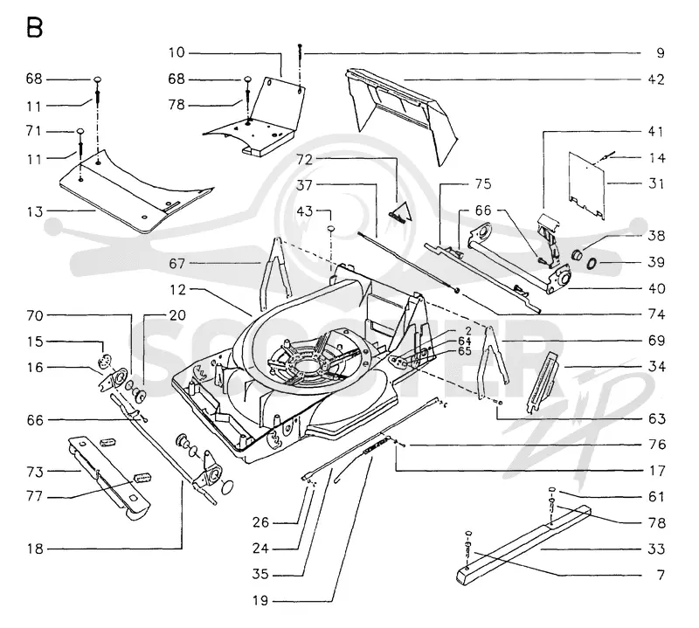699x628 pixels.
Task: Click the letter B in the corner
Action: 34,28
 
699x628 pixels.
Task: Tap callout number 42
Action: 656,79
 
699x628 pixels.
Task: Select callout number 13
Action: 34,211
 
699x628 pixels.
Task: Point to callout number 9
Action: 661,53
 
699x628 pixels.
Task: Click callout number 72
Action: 305,159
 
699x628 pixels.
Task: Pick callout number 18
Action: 35,549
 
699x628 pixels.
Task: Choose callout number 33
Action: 656,549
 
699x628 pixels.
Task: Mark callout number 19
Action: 260,601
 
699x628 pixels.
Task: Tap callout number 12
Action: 177,290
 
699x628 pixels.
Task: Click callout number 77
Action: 34,496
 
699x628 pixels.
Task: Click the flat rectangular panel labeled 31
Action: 586,185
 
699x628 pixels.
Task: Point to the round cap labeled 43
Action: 332,229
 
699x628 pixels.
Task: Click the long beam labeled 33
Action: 523,544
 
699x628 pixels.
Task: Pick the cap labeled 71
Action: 80,131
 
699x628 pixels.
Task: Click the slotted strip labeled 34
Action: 543,382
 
